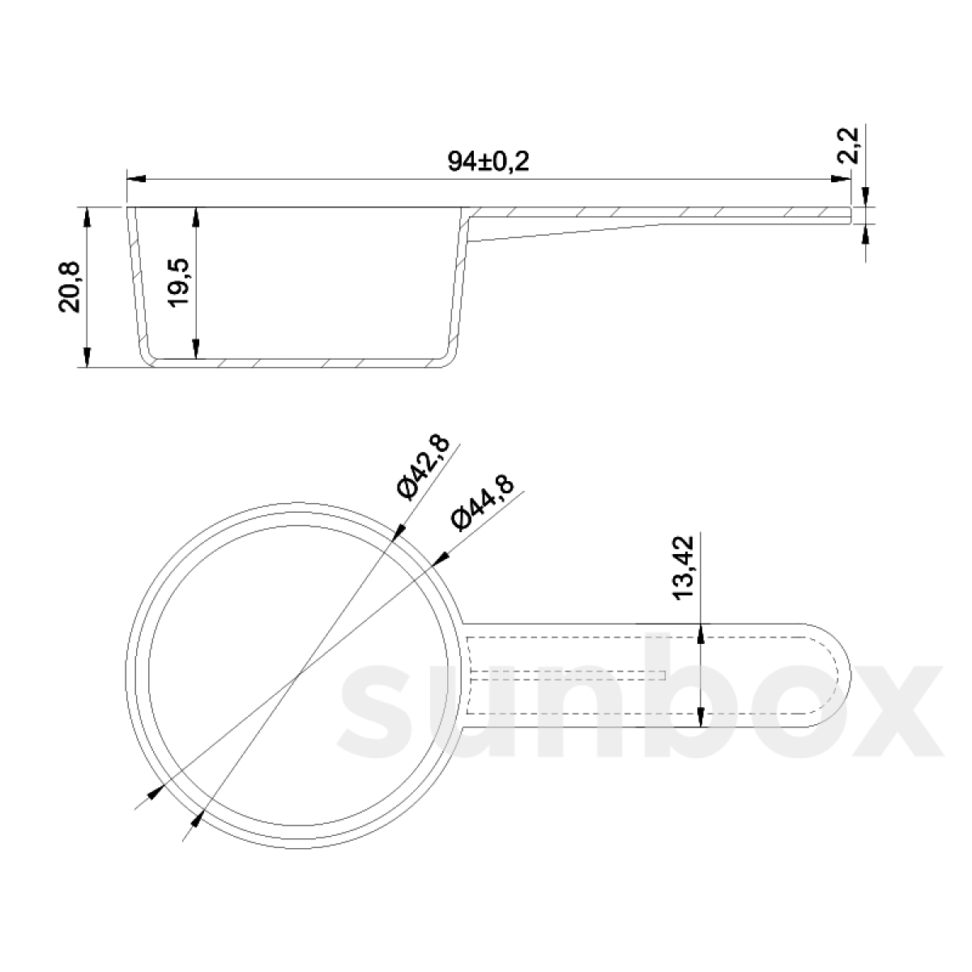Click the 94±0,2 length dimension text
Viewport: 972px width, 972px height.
(488, 161)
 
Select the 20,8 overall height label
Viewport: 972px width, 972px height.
(69, 287)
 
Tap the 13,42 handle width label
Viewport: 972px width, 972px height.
(685, 567)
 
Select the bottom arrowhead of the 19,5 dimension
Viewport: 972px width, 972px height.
(196, 351)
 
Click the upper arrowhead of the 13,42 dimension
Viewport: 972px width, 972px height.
(701, 633)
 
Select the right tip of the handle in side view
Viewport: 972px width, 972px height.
(850, 214)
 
